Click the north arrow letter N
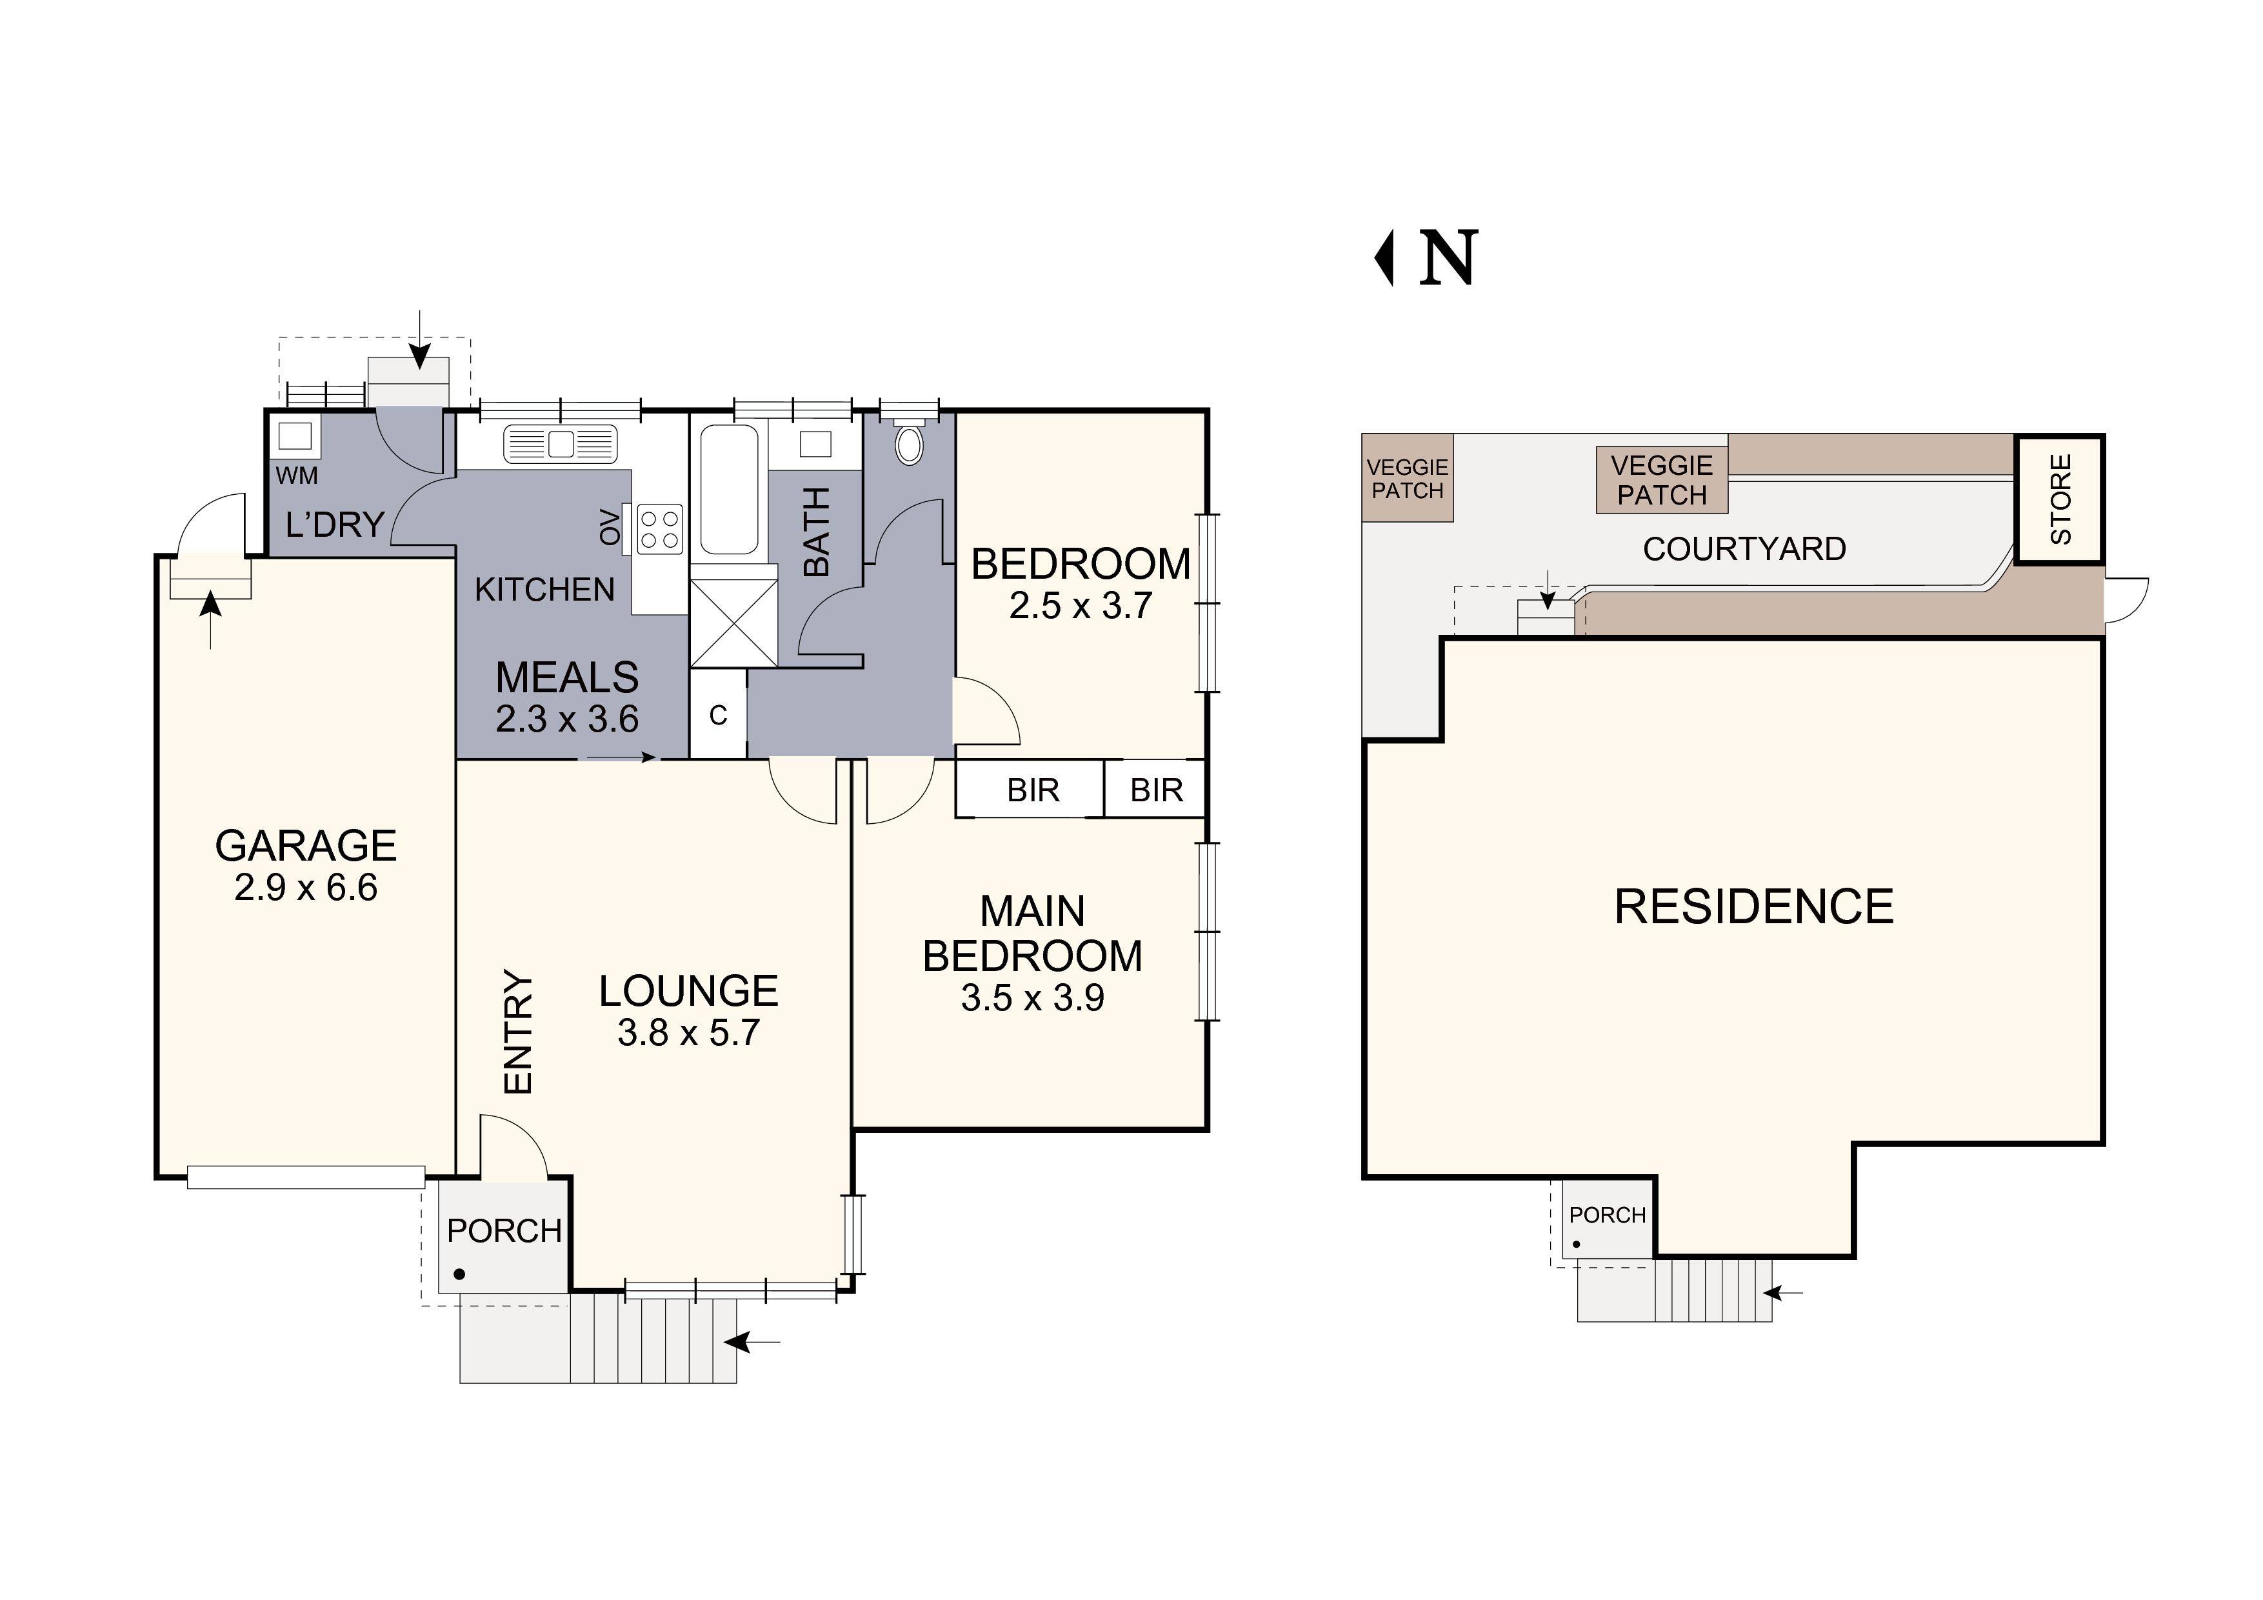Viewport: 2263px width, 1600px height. click(x=1448, y=258)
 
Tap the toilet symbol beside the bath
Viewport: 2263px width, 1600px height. click(x=909, y=444)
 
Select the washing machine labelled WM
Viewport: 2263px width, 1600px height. click(x=294, y=435)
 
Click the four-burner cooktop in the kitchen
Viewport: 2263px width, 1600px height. click(x=659, y=527)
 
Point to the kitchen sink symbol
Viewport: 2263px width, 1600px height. click(x=560, y=444)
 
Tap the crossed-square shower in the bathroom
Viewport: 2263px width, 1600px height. click(x=733, y=623)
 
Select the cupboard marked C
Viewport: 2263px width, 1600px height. click(x=717, y=715)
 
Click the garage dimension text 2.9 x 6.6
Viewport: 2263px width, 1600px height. click(x=306, y=888)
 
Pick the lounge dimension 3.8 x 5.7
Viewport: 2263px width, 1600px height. click(x=688, y=1033)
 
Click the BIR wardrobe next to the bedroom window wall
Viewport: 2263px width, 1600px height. click(x=1155, y=790)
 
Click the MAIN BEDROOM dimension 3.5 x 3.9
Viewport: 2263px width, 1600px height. click(x=1032, y=999)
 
